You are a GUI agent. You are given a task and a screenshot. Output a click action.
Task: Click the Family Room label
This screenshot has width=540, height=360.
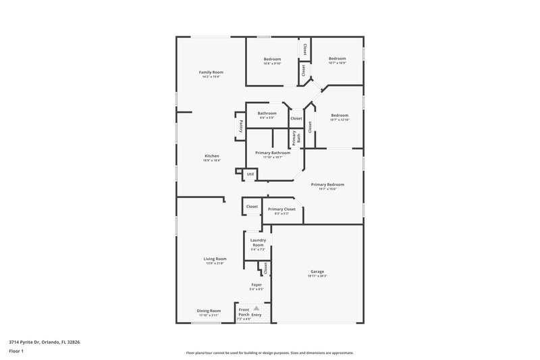pos(211,72)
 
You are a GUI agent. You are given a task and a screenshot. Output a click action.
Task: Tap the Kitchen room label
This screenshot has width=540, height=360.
pos(211,156)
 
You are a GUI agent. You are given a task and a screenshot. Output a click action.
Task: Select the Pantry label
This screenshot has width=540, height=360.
pos(241,126)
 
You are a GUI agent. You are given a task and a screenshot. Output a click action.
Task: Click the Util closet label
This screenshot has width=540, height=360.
pos(250,174)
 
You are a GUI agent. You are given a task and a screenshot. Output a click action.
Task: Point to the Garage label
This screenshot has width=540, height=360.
pos(317,271)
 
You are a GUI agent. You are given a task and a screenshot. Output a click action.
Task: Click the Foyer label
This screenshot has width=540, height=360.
pos(256,284)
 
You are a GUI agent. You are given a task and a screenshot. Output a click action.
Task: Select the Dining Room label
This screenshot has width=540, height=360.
pos(209,311)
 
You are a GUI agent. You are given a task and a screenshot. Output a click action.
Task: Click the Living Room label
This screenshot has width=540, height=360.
pos(215,259)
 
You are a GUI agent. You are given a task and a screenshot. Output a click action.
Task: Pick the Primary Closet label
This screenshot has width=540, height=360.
pos(281,209)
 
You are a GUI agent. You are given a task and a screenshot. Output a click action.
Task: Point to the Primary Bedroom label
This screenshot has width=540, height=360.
pos(327,184)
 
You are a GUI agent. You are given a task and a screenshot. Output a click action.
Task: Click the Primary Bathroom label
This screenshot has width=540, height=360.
pos(273,153)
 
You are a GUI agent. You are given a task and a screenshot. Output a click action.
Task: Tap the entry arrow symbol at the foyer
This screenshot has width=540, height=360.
pos(256,307)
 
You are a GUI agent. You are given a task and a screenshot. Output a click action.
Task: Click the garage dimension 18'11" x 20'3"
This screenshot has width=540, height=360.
pos(317,276)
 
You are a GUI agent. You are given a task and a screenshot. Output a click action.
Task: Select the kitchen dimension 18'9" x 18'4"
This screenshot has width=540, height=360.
pos(211,161)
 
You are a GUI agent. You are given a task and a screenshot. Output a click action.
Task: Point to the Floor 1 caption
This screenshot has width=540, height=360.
pos(16,352)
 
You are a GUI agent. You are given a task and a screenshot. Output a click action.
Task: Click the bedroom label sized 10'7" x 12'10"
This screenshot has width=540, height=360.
pos(339,115)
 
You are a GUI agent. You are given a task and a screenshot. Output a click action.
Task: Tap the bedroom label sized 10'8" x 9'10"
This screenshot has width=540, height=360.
pos(272,59)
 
